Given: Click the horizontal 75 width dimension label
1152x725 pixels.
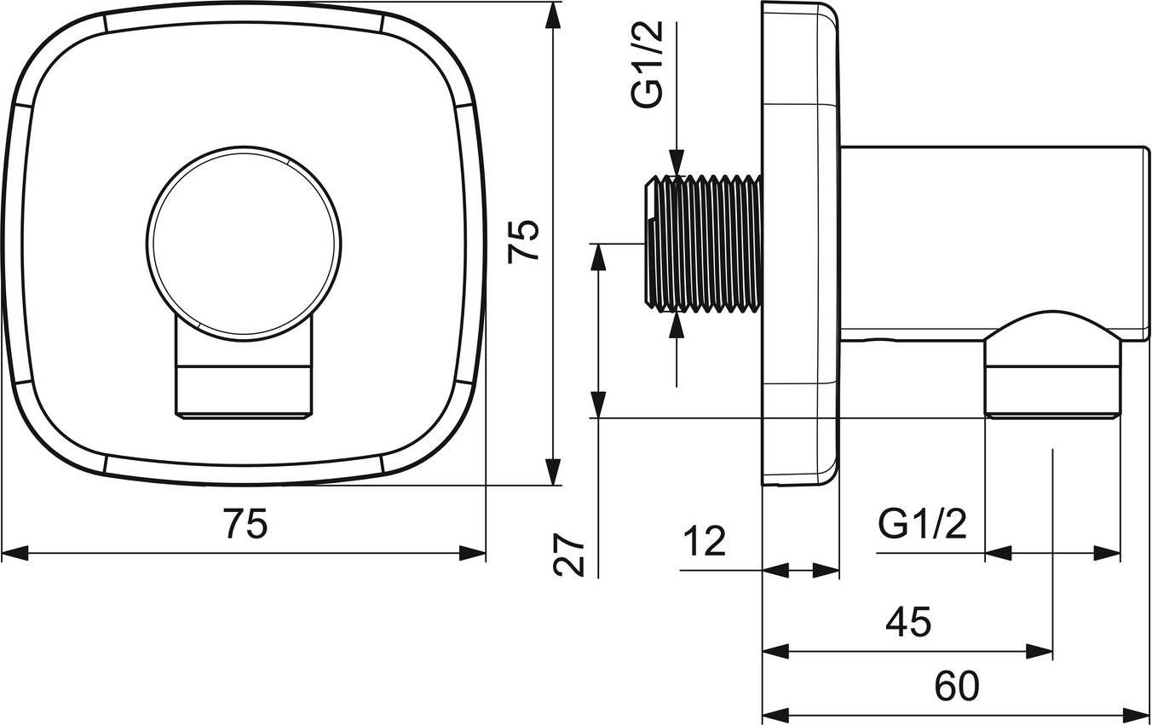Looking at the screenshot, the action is (246, 523).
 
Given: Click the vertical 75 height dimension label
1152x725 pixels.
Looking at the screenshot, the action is (522, 242).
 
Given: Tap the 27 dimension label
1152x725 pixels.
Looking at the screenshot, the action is (569, 554).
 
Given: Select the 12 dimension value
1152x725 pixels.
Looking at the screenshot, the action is (705, 541).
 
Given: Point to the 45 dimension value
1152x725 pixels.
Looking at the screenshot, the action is (908, 622).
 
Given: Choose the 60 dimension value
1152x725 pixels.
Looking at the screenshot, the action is (957, 686).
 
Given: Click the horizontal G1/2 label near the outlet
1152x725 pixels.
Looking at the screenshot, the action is (922, 524).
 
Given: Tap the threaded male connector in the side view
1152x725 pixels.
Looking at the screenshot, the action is (703, 243).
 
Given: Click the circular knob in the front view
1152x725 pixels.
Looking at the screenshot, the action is (244, 243).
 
